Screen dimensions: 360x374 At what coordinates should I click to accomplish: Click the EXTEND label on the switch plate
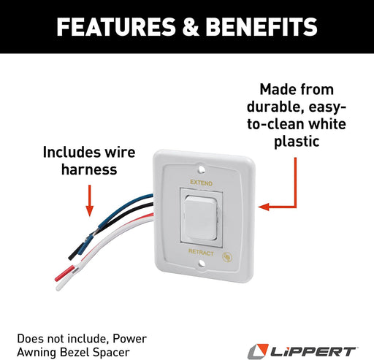(200, 180)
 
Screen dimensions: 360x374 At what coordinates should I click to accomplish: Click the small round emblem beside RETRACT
(228, 256)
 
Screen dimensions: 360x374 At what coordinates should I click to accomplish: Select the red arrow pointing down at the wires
(89, 200)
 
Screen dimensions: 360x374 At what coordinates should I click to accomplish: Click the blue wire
(110, 207)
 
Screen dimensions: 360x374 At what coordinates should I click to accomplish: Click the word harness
(89, 171)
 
